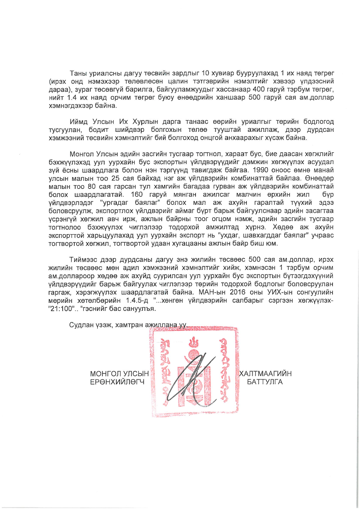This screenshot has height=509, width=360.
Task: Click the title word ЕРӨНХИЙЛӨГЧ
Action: [115, 381]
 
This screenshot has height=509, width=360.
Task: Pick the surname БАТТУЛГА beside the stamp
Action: [265, 381]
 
